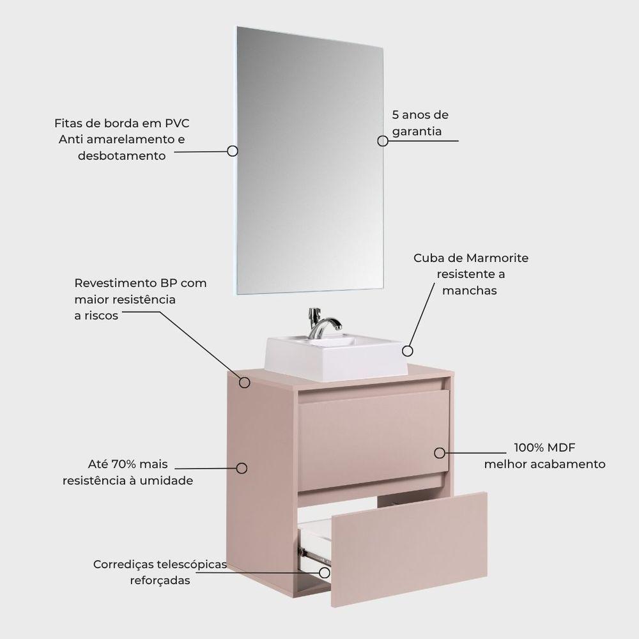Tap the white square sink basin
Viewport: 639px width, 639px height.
pyautogui.click(x=336, y=357)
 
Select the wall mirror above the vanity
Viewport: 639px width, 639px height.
pyautogui.click(x=310, y=160)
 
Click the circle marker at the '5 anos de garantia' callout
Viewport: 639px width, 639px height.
pyautogui.click(x=383, y=141)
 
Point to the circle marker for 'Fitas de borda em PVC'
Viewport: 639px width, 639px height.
pyautogui.click(x=233, y=151)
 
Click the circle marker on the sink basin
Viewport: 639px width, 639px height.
pyautogui.click(x=408, y=351)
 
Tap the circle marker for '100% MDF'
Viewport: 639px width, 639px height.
pyautogui.click(x=440, y=453)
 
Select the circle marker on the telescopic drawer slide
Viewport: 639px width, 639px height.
pyautogui.click(x=325, y=573)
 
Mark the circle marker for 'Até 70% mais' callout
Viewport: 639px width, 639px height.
pyautogui.click(x=242, y=468)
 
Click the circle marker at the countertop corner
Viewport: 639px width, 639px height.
pyautogui.click(x=245, y=382)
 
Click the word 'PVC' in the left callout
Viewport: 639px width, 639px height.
pyautogui.click(x=177, y=123)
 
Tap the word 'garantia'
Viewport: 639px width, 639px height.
pyautogui.click(x=417, y=131)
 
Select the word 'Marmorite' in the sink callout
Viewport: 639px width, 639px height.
pyautogui.click(x=497, y=258)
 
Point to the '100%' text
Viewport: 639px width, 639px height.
pyautogui.click(x=529, y=447)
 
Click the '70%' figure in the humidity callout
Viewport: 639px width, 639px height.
pyautogui.click(x=125, y=464)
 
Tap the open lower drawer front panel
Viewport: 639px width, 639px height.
pyautogui.click(x=409, y=550)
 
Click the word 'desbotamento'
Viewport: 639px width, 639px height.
pyautogui.click(x=122, y=156)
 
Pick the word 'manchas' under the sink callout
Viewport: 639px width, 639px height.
pyautogui.click(x=470, y=291)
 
